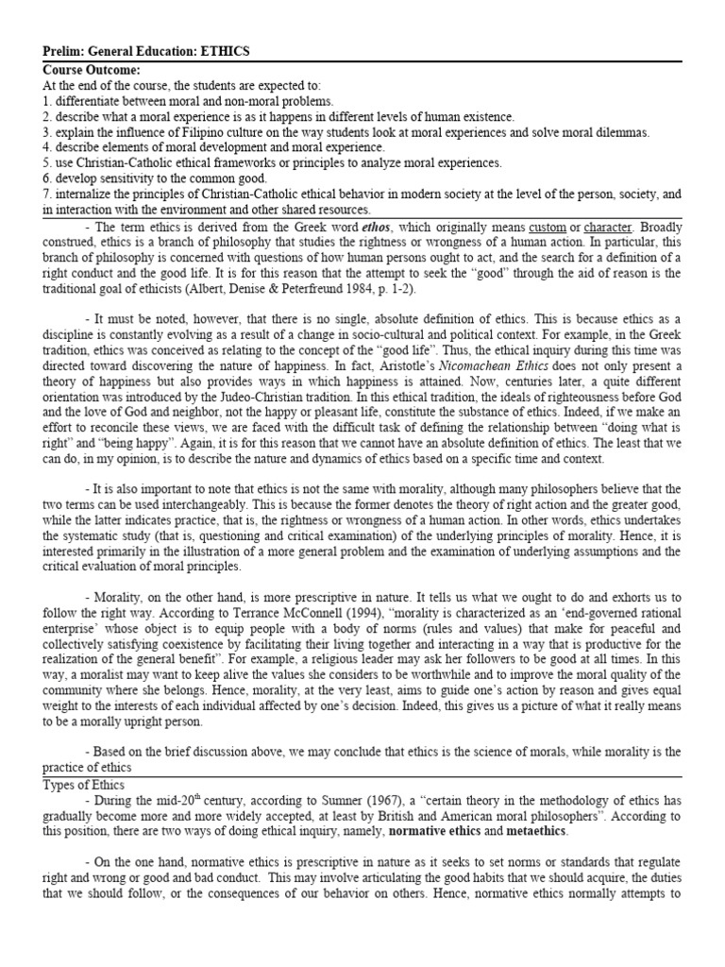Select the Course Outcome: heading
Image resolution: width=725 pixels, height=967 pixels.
click(91, 70)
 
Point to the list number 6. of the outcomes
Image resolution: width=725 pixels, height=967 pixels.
click(48, 178)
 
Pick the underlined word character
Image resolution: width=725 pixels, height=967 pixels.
click(611, 229)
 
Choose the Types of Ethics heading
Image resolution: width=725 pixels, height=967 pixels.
click(86, 784)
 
